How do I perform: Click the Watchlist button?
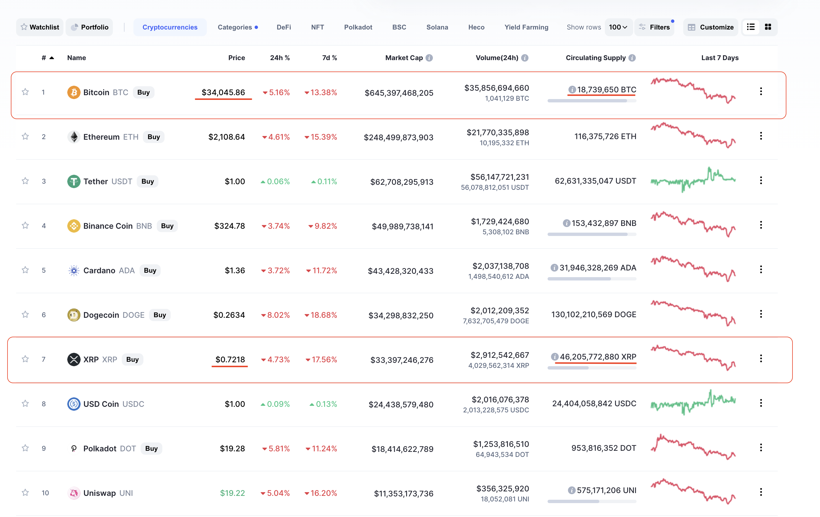pyautogui.click(x=40, y=27)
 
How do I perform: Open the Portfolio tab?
pyautogui.click(x=90, y=27)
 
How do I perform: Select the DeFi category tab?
pyautogui.click(x=284, y=27)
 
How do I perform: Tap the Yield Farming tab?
pyautogui.click(x=526, y=27)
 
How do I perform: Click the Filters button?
pyautogui.click(x=655, y=27)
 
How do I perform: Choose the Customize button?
pyautogui.click(x=711, y=27)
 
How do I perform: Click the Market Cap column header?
pyautogui.click(x=404, y=58)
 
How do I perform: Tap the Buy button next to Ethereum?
pyautogui.click(x=154, y=137)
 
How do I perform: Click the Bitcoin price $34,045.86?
pyautogui.click(x=223, y=92)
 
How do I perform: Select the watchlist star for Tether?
pyautogui.click(x=25, y=181)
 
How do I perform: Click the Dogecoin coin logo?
pyautogui.click(x=74, y=315)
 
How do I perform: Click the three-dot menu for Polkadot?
pyautogui.click(x=761, y=448)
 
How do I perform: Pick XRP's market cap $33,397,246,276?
pyautogui.click(x=402, y=360)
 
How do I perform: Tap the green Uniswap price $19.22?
pyautogui.click(x=232, y=493)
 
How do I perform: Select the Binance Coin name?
pyautogui.click(x=108, y=226)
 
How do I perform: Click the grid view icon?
pyautogui.click(x=768, y=27)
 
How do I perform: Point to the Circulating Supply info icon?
pyautogui.click(x=632, y=58)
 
